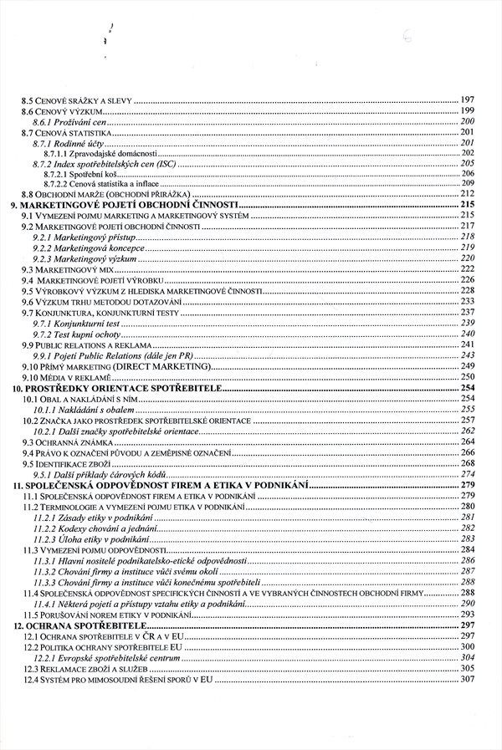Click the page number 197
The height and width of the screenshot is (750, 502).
coord(467,101)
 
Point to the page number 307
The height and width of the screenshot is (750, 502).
coord(467,679)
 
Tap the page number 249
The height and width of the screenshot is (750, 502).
coord(467,365)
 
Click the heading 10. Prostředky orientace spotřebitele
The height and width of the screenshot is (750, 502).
coord(112,389)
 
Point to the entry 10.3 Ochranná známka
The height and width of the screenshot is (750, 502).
coord(61,441)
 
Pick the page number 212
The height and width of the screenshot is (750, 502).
coord(467,194)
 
